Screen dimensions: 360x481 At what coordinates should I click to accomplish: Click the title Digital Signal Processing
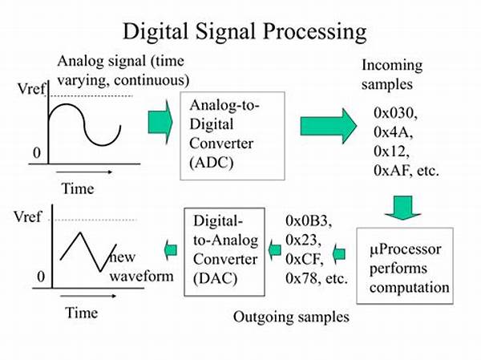245,31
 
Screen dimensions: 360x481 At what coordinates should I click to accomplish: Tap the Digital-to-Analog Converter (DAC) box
225,248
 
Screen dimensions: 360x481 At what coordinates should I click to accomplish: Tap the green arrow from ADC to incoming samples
328,126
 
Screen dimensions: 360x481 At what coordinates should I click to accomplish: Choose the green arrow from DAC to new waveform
170,251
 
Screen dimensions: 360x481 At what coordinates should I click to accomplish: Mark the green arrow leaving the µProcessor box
339,254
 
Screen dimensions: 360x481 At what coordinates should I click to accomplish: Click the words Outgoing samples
291,317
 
